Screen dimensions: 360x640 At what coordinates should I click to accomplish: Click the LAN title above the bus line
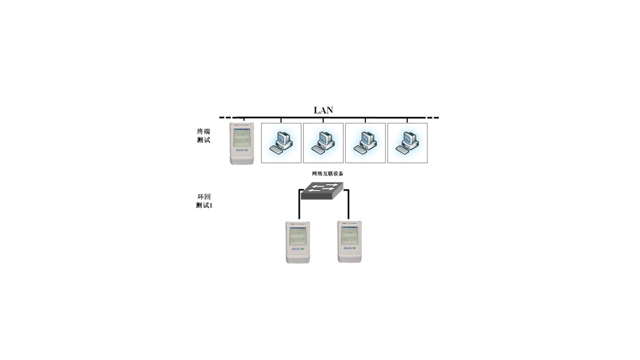coord(323,110)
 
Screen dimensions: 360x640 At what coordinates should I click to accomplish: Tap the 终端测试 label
coord(203,136)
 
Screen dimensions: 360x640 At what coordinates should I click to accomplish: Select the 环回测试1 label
coord(204,201)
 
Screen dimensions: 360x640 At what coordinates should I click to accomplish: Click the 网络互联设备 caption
coord(327,173)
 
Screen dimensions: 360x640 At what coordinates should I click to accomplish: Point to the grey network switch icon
coord(322,191)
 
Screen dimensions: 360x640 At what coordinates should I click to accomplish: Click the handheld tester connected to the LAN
coord(242,143)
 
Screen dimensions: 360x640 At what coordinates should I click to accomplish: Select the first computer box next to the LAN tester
coord(281,143)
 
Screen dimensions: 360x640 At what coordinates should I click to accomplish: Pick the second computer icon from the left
coord(323,143)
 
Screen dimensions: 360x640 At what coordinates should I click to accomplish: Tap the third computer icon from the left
coord(365,143)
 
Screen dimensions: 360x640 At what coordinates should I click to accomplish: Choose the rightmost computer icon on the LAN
coord(407,143)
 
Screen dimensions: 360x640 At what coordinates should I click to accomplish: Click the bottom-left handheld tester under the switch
coord(298,242)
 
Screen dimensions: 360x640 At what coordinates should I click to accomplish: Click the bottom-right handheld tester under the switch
coord(349,242)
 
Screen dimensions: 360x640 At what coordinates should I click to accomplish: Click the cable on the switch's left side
coord(299,205)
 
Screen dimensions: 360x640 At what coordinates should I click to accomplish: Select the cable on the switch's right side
coord(348,205)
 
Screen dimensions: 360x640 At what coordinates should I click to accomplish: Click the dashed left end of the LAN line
coord(225,118)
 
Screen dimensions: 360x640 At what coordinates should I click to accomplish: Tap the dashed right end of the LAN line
coord(433,118)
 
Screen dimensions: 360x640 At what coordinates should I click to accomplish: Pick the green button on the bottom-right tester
coord(354,248)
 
